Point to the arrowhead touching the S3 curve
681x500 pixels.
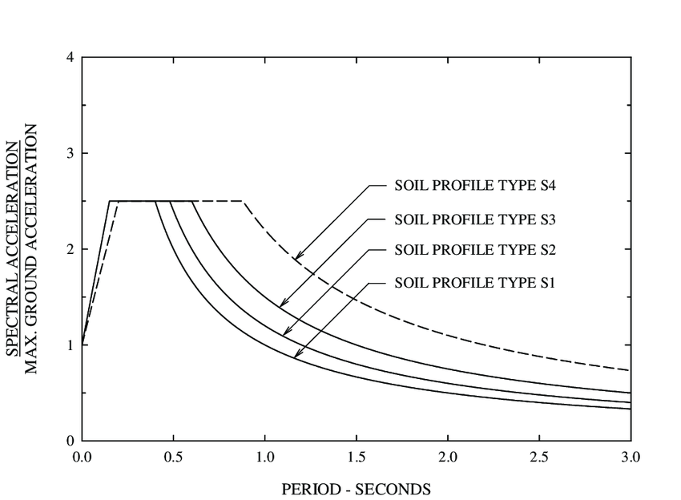click(282, 304)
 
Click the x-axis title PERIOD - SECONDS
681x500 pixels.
click(356, 488)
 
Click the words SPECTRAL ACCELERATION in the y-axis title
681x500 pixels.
click(14, 248)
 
